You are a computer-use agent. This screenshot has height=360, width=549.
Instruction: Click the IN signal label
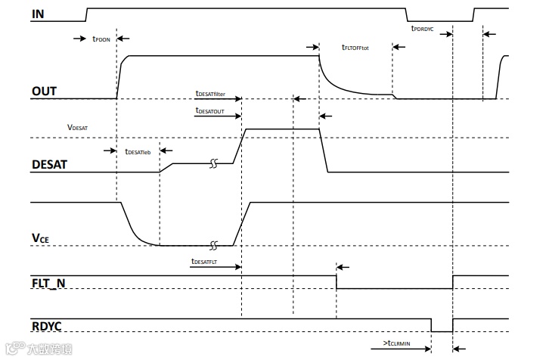[x=37, y=14]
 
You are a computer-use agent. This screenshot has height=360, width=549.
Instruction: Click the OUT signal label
[x=45, y=92]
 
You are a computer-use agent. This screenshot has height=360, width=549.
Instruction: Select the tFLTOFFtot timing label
[x=355, y=48]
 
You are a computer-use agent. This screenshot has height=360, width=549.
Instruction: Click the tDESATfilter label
[x=210, y=94]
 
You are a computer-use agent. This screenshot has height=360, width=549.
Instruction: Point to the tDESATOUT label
[x=210, y=111]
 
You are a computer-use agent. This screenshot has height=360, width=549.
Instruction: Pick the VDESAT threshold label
[x=78, y=129]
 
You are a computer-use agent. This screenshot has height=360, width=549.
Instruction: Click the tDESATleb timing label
[x=138, y=152]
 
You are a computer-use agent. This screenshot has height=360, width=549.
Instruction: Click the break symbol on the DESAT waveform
[x=214, y=163]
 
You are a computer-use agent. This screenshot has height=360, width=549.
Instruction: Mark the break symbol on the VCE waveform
[x=214, y=245]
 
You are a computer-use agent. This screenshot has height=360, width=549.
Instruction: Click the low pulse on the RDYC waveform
[x=442, y=326]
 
